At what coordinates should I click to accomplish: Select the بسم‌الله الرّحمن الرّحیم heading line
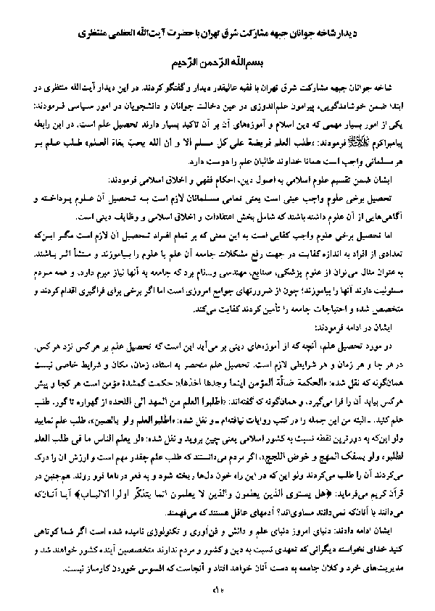click(218, 62)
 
